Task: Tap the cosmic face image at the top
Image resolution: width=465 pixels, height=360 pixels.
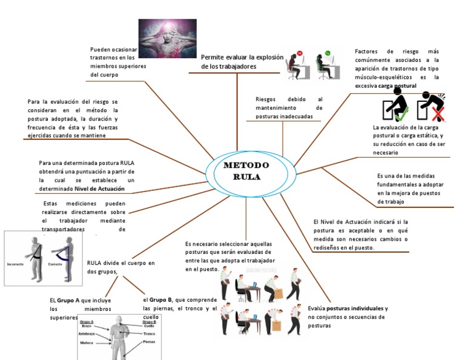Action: click(x=167, y=39)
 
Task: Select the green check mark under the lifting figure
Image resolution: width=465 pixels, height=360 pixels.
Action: click(x=402, y=112)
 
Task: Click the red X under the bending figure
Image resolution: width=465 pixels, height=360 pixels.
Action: click(x=435, y=113)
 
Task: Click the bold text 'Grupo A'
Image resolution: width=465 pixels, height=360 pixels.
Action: click(x=68, y=301)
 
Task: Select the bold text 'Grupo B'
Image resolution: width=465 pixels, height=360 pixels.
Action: click(x=162, y=300)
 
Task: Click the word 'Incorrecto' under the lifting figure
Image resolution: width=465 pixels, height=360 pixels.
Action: click(x=15, y=265)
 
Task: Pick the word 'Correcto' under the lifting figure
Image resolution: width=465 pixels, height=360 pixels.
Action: click(x=55, y=265)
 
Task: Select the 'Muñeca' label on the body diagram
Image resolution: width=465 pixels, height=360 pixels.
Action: click(x=87, y=342)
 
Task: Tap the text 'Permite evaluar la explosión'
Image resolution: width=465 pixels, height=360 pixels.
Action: click(x=242, y=58)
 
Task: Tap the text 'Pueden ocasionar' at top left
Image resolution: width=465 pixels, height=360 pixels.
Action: click(x=114, y=50)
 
